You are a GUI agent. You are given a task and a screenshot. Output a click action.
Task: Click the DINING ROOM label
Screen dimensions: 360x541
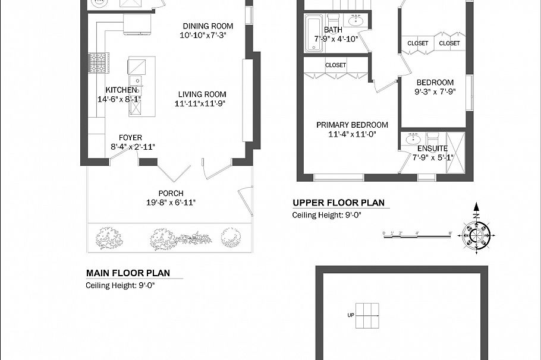207,26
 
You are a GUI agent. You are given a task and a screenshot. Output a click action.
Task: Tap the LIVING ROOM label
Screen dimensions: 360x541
200,94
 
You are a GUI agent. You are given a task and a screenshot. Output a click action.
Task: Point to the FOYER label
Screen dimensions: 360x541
130,138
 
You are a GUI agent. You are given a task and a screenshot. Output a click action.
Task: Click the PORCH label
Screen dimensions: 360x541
171,193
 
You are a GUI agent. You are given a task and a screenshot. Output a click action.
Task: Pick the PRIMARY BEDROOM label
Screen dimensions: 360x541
352,125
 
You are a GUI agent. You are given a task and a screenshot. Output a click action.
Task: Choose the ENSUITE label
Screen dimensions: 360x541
432,149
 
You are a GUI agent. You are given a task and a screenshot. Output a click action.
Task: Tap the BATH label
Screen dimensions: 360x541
333,30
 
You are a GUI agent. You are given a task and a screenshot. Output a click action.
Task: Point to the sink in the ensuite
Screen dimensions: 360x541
413,139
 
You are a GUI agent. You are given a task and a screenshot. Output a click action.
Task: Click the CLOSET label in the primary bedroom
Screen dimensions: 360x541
336,65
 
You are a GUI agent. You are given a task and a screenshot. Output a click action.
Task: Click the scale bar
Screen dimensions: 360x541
417,236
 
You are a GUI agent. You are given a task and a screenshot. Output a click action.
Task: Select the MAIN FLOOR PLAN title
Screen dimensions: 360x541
128,273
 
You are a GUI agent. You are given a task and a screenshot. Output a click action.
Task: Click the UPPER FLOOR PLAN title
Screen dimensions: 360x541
338,203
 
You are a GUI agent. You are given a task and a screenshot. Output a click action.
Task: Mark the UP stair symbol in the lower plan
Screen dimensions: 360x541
367,315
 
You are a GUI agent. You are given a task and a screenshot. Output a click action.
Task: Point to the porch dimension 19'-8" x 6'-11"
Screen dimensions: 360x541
171,203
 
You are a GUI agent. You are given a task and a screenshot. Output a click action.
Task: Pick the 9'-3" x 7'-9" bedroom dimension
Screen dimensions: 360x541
435,91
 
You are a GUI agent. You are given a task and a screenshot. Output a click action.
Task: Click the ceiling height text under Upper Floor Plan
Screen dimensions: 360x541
326,215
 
